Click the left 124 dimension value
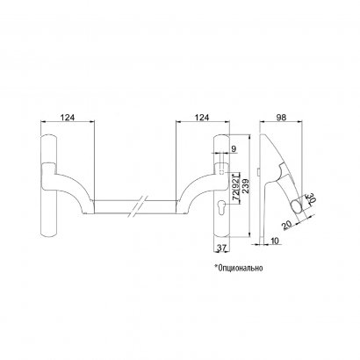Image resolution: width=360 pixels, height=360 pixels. pos(68,117)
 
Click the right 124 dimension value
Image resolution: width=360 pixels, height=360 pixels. pos(202,117)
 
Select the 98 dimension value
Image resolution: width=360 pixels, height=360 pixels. pos(281,117)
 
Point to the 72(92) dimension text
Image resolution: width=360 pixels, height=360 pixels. pos(235,186)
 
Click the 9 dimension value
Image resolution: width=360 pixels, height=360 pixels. pos(234,148)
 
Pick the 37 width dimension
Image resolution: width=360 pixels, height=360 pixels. pos(221,248)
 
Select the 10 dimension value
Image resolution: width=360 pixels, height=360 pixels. pos(275,241)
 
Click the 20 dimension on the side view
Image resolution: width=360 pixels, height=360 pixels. pos(287,225)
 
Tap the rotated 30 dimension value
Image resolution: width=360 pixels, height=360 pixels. pos(310,199)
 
